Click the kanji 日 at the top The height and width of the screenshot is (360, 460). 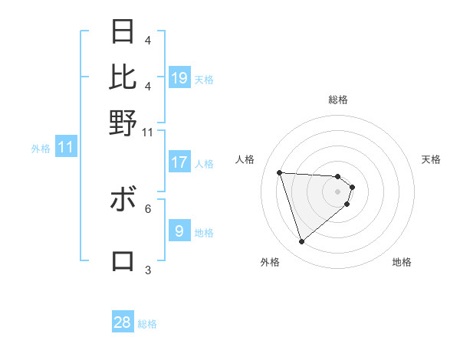tap(123, 31)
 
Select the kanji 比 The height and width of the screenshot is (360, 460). tap(123, 77)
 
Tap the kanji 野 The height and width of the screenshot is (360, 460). tap(123, 122)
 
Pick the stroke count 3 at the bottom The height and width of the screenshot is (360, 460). tap(148, 270)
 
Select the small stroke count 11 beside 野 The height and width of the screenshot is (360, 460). tap(148, 132)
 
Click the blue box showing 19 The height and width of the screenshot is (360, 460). tap(179, 77)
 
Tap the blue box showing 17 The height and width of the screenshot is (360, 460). tap(179, 162)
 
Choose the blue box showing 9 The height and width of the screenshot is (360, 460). tap(179, 231)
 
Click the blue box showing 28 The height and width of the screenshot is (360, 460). tap(123, 322)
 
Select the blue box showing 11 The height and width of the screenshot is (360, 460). tap(65, 147)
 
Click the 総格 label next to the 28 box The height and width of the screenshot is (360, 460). tap(147, 324)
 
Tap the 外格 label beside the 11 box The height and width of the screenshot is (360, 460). tap(41, 149)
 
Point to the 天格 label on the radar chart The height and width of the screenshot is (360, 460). tap(431, 159)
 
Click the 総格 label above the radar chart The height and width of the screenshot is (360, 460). tap(338, 100)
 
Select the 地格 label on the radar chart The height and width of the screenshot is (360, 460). tap(402, 262)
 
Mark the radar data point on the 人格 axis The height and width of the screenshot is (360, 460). tap(280, 172)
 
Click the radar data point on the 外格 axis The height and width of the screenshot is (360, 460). tap(302, 242)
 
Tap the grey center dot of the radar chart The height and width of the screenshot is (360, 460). tap(338, 191)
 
